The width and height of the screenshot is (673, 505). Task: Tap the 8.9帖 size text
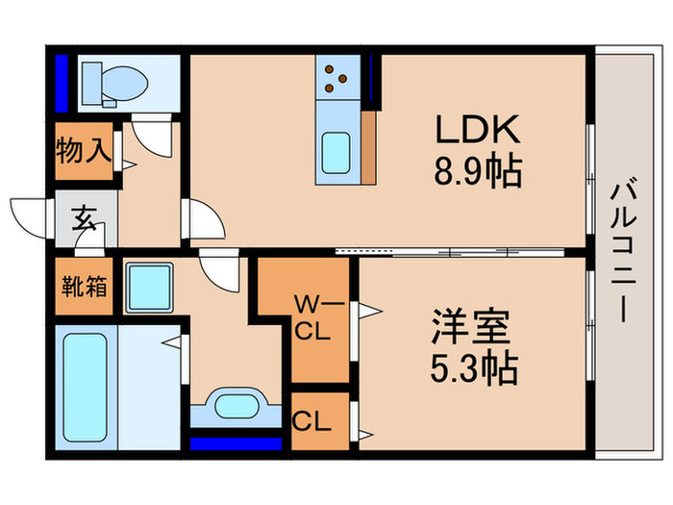pos(478,173)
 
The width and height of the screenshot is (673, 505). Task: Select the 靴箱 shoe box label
pos(85,287)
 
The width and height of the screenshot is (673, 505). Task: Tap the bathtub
pos(84,381)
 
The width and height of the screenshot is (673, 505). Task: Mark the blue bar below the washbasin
pos(236,442)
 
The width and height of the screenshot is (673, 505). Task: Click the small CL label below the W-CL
pos(307,420)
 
